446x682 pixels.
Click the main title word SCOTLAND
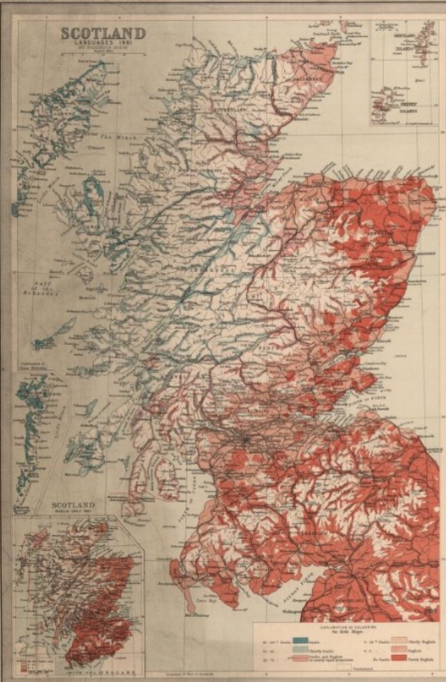(x=102, y=33)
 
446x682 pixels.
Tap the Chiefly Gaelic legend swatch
(x=300, y=649)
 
